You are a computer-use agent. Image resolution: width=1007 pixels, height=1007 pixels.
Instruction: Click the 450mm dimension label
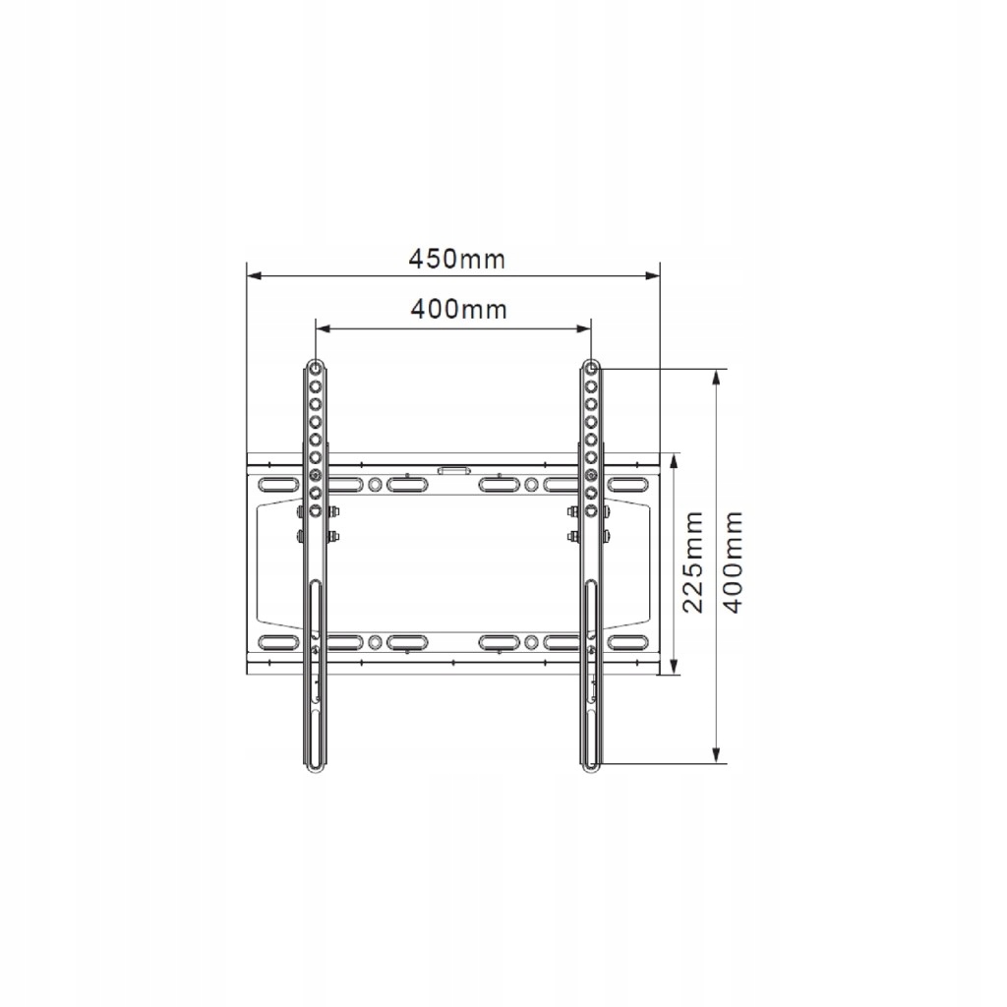(x=457, y=260)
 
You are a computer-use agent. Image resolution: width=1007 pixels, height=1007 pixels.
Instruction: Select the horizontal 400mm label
(x=458, y=310)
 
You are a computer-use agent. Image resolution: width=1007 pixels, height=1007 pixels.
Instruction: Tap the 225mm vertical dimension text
(x=693, y=562)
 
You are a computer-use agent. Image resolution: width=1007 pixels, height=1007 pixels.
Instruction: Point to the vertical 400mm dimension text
(x=732, y=562)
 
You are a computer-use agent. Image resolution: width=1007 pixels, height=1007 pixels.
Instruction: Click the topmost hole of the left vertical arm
(x=315, y=369)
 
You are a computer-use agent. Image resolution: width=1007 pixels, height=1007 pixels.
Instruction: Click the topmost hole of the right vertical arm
(x=591, y=369)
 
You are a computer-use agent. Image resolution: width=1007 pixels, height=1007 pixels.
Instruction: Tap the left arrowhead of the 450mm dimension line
(x=255, y=276)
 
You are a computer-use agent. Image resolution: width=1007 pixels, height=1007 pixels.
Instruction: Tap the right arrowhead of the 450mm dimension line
(x=653, y=276)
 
